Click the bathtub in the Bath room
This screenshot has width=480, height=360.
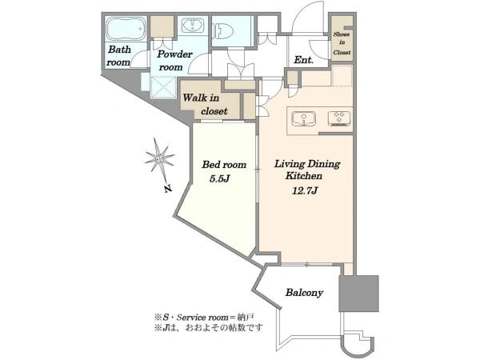point(126,29)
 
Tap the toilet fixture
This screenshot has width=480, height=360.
point(222,31)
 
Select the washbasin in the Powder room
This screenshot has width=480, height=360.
point(193,26)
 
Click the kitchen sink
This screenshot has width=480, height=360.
point(303,118)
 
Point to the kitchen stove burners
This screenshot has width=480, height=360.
point(339,118)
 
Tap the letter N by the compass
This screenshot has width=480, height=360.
point(167,189)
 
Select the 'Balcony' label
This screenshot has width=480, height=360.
point(304,293)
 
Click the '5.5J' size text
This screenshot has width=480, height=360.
point(219,178)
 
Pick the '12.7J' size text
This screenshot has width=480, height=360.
point(305,190)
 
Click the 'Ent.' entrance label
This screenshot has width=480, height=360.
point(303,60)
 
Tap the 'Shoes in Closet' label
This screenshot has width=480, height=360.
point(342,43)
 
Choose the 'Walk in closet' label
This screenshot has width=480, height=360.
point(205,104)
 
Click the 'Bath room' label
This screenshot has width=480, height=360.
point(118,56)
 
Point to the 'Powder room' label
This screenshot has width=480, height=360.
point(174,61)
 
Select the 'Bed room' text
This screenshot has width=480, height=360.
point(224,165)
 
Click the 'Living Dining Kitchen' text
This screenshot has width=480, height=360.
point(306,170)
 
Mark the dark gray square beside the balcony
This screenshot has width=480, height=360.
point(358,294)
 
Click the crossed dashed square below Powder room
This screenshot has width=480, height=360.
point(163,87)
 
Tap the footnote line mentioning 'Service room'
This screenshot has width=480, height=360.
point(205,317)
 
